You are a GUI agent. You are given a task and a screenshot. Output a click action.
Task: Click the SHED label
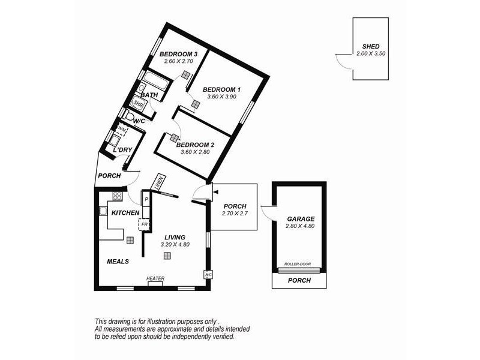[x=370, y=46]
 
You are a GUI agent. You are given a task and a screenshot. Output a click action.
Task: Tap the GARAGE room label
[x=300, y=219]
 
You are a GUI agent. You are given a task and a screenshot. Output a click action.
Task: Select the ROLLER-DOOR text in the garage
[x=299, y=263]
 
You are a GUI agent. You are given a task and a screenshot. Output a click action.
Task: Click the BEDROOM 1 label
[x=221, y=89]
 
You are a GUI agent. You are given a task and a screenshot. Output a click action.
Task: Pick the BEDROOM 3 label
[x=178, y=54]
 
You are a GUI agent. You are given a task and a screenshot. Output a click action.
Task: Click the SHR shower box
[x=139, y=104]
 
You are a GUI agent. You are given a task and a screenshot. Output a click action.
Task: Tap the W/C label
[x=139, y=121]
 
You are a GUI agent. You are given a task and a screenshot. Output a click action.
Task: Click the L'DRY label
[x=122, y=149]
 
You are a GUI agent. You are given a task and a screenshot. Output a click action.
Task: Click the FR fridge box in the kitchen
[x=144, y=224]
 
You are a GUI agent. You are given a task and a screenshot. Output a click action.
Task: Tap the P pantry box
[x=146, y=198]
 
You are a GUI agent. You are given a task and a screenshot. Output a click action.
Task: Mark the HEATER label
[x=155, y=278]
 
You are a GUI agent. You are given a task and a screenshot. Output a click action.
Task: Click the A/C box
[x=208, y=274]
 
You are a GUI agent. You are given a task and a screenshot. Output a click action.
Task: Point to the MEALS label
[x=118, y=262]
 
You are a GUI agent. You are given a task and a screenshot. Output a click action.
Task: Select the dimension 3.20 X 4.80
[x=175, y=245]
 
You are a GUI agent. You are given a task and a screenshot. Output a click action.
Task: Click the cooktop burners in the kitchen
[x=117, y=196]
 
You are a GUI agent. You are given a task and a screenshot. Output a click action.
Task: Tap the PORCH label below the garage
[x=299, y=280]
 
